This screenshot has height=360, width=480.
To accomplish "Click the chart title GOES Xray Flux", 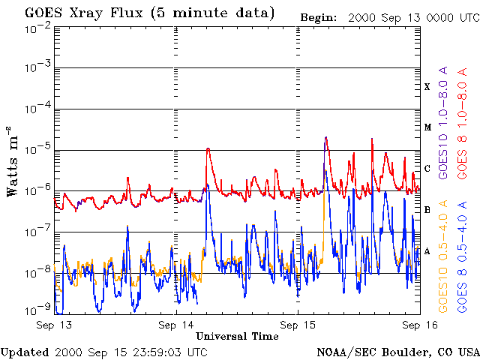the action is [x=83, y=13].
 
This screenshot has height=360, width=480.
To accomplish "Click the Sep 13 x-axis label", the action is [x=54, y=325].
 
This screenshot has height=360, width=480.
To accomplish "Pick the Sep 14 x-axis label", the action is [x=176, y=325].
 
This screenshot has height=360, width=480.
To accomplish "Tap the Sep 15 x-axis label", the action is [x=298, y=325].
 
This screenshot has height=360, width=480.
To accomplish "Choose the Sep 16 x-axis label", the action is [x=420, y=325].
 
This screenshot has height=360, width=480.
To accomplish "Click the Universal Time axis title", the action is [x=237, y=337].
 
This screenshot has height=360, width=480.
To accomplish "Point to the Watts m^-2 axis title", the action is [x=12, y=162].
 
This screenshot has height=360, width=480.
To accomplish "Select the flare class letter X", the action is [x=427, y=87].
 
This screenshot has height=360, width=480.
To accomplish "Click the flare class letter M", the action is [x=427, y=127].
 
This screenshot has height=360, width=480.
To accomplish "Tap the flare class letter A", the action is [x=427, y=252].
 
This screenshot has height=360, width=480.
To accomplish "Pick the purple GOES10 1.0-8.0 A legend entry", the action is [x=443, y=122].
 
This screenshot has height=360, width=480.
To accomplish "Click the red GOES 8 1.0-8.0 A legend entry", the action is [x=462, y=123].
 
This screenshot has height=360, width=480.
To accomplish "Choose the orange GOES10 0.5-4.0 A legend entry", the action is [x=443, y=256].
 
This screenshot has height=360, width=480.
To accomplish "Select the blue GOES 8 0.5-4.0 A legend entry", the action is [x=462, y=256].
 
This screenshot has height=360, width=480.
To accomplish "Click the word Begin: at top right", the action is [x=318, y=18].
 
